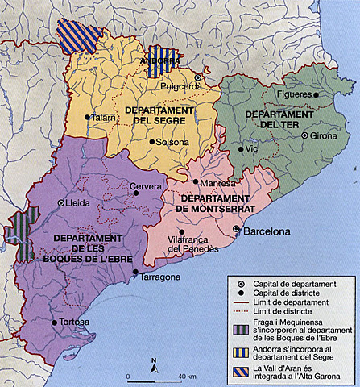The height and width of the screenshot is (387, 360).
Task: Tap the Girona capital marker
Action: pyautogui.click(x=304, y=135)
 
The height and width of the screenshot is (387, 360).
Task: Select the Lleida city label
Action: pyautogui.click(x=76, y=203)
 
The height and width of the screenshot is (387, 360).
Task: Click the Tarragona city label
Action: pyautogui.click(x=161, y=277)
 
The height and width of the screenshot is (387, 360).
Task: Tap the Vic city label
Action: pyautogui.click(x=252, y=150)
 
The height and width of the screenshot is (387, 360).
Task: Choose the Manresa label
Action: pyautogui.click(x=215, y=183)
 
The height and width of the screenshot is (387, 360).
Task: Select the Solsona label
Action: pyautogui.click(x=172, y=142)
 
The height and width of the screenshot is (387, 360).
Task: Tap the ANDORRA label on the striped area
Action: pyautogui.click(x=159, y=60)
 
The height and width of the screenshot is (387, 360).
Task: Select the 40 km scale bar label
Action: pyautogui.click(x=187, y=377)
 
